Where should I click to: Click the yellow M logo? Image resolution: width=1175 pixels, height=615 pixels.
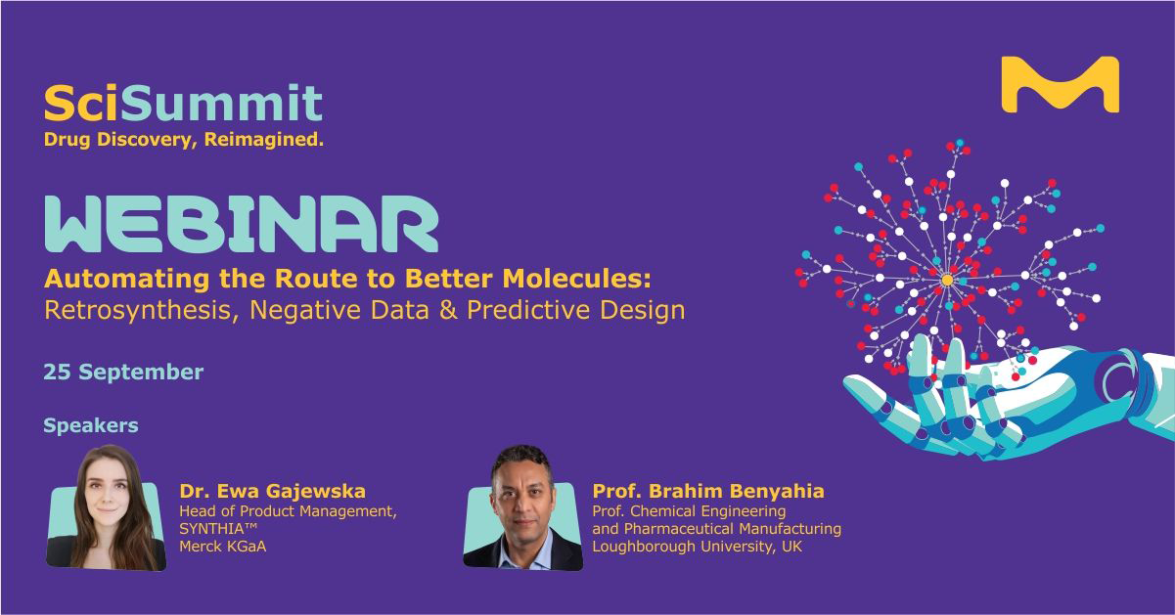1061,85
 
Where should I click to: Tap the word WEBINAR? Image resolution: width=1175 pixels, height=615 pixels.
242,225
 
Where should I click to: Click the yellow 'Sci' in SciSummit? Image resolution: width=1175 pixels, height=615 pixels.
82,103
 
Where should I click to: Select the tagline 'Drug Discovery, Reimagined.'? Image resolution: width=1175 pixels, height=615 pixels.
184,140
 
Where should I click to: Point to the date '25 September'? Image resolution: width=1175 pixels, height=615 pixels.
123,372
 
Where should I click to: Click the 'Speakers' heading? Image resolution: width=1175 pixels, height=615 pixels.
91,425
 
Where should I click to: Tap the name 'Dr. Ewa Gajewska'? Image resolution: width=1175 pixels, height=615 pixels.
273,491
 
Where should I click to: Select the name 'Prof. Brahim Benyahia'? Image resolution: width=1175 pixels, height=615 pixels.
708,491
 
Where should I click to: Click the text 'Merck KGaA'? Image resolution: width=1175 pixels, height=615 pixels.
223,547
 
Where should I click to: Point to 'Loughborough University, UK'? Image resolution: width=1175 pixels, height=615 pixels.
698,547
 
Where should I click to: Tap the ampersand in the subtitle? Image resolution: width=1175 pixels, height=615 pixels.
448,310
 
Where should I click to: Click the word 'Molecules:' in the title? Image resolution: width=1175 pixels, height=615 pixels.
576,279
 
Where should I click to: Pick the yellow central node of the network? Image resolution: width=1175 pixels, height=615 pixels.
947,280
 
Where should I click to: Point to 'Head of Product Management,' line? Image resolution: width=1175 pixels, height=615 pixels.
288,511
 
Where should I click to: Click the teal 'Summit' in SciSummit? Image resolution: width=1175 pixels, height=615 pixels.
221,103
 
